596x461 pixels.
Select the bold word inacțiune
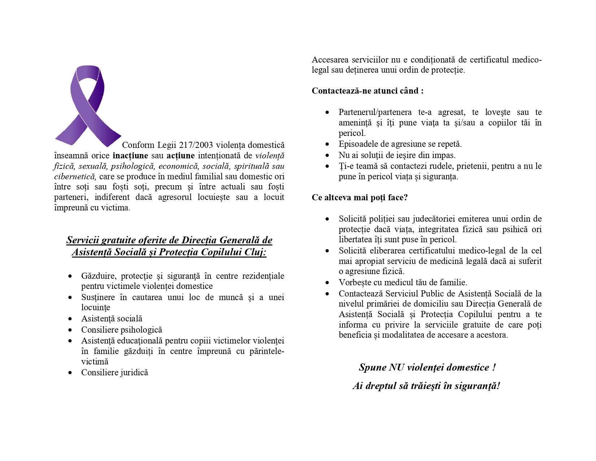(130, 156)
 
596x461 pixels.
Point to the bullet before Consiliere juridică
(70, 373)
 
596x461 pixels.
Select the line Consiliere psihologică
(121, 330)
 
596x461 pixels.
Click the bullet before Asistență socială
(70, 319)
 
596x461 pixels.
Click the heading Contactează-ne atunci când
(367, 91)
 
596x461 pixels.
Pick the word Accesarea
(329, 60)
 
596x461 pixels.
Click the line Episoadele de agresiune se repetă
(400, 144)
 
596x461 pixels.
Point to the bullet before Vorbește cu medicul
(327, 283)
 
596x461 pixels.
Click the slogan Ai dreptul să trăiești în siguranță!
(426, 386)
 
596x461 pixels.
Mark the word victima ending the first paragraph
(116, 208)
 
